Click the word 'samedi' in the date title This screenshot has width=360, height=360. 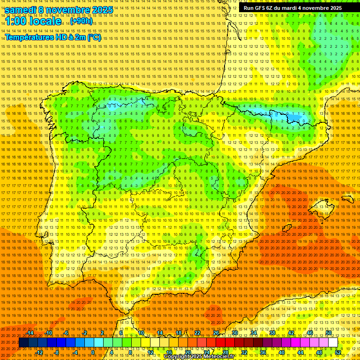(x=21, y=10)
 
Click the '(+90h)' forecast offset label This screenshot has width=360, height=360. (x=82, y=21)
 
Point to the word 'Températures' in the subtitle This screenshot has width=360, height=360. (x=29, y=37)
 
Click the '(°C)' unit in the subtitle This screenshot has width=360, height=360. (x=94, y=37)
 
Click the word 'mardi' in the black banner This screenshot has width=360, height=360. (x=293, y=8)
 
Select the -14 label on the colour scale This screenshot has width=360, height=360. (x=30, y=333)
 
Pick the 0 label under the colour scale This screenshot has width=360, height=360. (x=93, y=352)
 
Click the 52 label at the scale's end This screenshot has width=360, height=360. (x=338, y=352)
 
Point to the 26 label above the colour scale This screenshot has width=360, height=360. (x=216, y=333)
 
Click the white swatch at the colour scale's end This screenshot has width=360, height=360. (x=333, y=343)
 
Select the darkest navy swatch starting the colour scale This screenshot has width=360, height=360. (x=23, y=343)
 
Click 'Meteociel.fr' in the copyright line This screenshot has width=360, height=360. (x=222, y=357)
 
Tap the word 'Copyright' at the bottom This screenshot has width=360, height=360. (x=177, y=357)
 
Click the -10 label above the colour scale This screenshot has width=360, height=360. (x=48, y=333)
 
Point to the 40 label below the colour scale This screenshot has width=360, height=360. (x=282, y=352)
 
